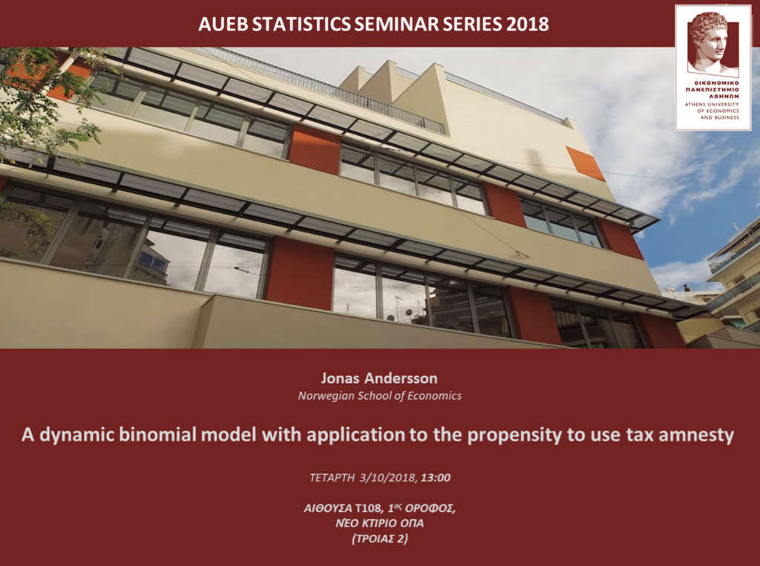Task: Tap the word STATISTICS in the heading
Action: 301,24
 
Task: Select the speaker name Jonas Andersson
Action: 379,378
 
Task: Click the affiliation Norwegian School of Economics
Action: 379,396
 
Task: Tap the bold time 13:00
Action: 436,478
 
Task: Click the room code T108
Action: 371,508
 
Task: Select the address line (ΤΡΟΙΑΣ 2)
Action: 380,539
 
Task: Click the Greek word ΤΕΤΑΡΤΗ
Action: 332,478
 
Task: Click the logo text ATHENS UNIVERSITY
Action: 712,104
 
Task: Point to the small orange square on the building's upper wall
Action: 585,163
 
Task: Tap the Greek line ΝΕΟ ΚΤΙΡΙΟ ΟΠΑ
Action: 379,524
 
